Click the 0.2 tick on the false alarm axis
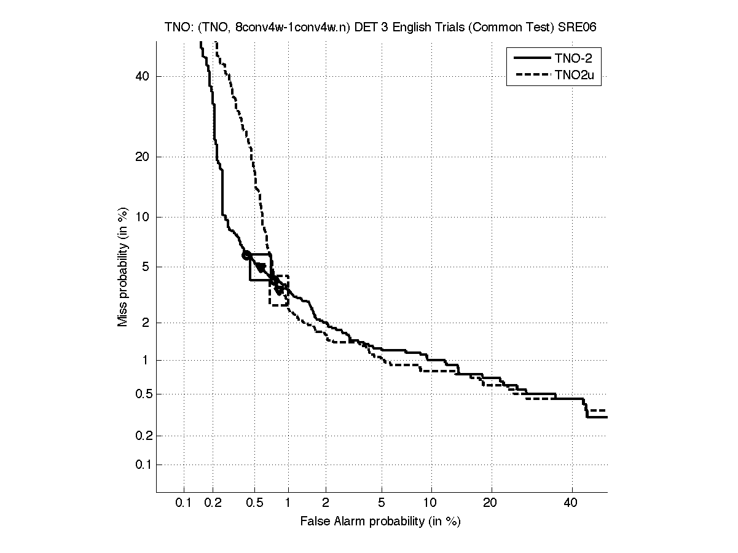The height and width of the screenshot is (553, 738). click(x=213, y=503)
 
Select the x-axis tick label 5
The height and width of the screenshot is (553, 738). click(x=382, y=503)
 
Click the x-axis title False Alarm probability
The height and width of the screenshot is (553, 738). click(x=380, y=522)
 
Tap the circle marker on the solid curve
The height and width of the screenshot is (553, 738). click(x=246, y=255)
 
